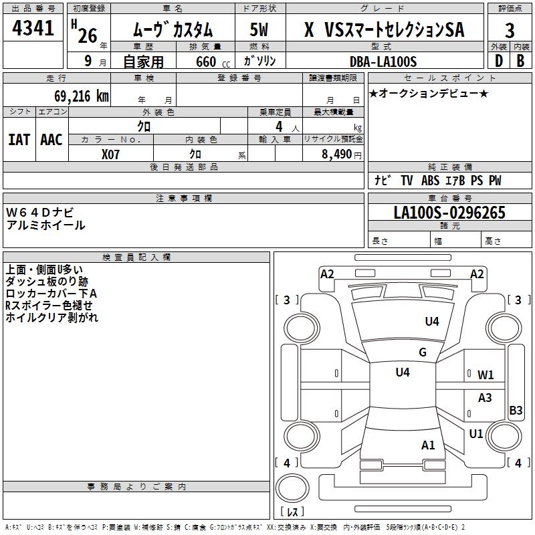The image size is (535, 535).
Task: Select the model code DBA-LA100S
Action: coord(383,61)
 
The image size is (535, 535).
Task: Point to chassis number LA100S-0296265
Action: coord(449,213)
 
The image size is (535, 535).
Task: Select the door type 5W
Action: coord(260,30)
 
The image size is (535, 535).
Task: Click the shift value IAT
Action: coord(19,140)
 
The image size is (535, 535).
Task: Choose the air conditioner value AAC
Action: coord(51,140)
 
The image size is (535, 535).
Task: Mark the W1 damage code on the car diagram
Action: coord(486,374)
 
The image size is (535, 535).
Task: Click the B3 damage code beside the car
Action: coord(516,410)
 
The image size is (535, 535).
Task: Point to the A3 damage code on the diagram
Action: coord(485,397)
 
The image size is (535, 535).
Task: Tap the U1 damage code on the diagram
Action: coord(475,434)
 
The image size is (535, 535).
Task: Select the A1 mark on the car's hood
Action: coord(428,445)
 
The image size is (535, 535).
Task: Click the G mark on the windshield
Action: coord(422,352)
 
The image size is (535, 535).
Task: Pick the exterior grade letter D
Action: coord(498,61)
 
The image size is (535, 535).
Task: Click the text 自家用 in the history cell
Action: coord(144,62)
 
